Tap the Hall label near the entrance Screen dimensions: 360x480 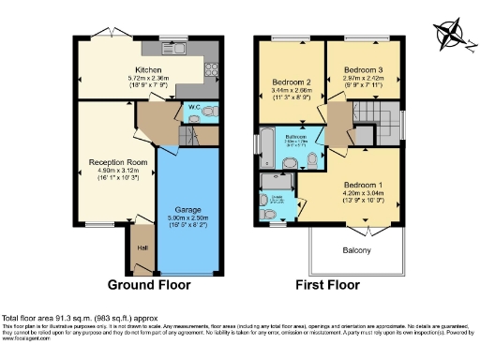(x=142, y=247)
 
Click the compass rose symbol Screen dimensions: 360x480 (x=452, y=32)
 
